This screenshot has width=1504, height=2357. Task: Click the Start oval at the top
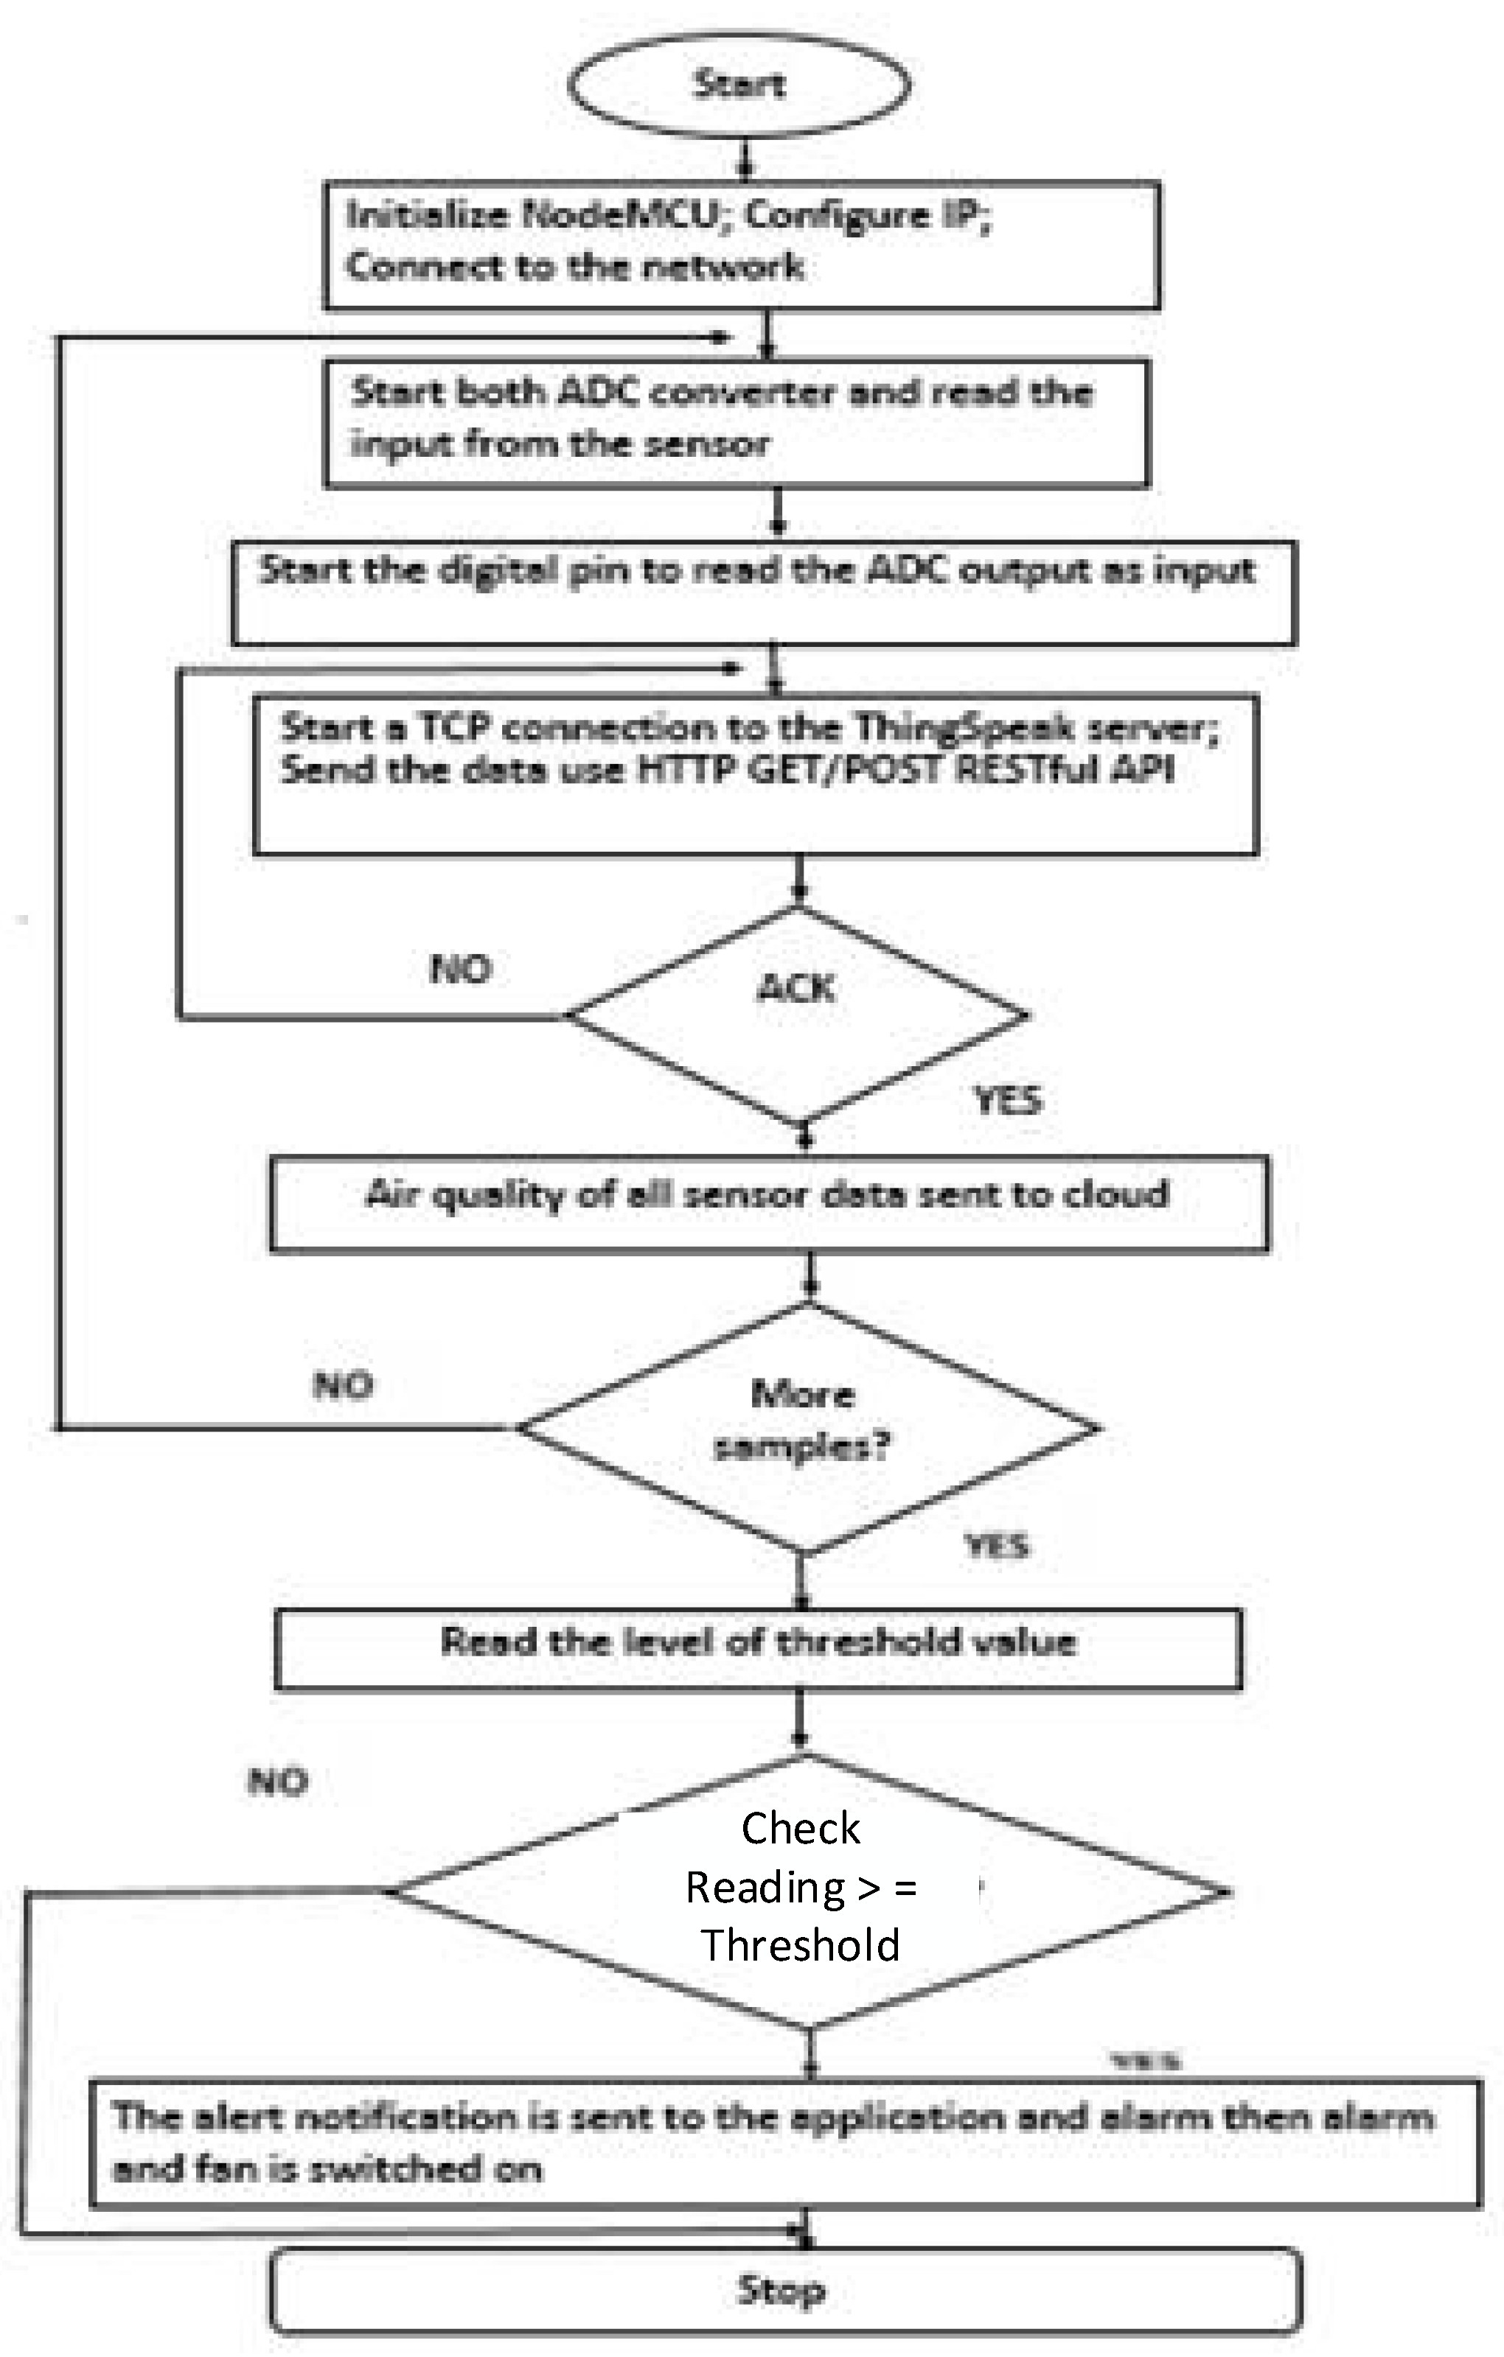click(x=739, y=85)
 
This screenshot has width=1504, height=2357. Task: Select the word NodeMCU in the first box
click(x=620, y=214)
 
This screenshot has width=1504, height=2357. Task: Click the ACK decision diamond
click(x=797, y=1014)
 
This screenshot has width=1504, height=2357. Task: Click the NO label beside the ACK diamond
click(x=460, y=969)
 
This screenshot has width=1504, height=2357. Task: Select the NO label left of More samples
click(x=343, y=1385)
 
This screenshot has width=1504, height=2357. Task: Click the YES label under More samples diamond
click(x=997, y=1546)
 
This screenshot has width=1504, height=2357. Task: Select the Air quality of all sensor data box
click(x=769, y=1203)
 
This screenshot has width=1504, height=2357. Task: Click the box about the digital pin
click(x=764, y=593)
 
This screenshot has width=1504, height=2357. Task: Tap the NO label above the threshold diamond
click(x=278, y=1781)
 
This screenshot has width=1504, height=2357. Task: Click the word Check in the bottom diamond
click(x=800, y=1827)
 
